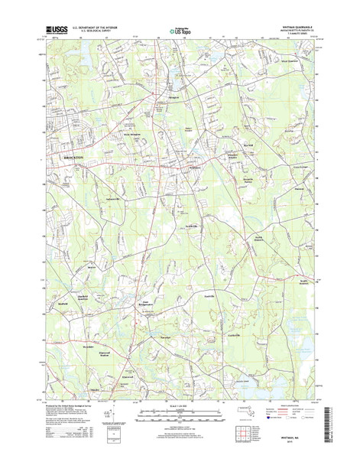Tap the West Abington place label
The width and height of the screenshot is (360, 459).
pos(133,135)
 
